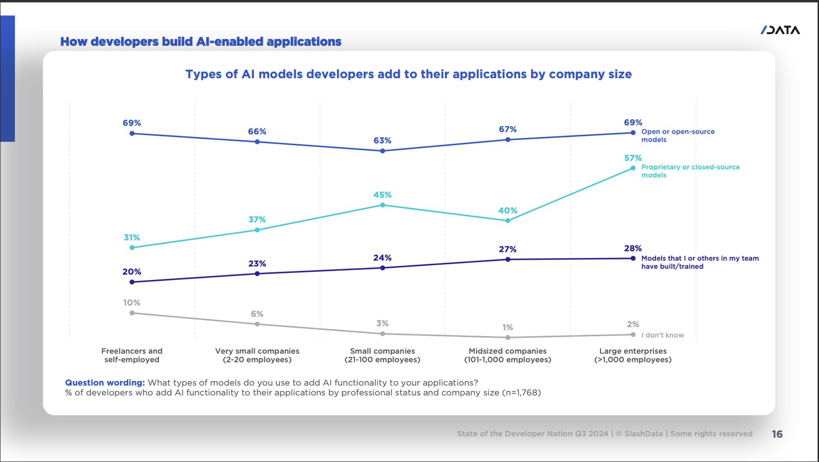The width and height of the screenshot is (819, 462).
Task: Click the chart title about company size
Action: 408,74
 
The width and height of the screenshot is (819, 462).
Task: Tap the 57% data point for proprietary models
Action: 633,168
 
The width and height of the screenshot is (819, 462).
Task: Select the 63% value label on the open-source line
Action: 383,141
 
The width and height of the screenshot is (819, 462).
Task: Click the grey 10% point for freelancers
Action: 132,313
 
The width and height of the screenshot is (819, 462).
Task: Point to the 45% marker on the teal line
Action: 383,205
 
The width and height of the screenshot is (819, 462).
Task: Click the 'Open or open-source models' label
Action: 678,136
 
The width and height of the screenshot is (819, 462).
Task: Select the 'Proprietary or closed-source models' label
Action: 690,171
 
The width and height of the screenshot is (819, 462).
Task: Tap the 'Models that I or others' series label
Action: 700,262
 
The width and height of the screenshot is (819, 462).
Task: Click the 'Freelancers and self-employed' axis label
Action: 132,355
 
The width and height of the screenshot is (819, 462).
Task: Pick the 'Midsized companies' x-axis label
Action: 507,355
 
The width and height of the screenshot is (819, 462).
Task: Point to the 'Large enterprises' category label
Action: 633,355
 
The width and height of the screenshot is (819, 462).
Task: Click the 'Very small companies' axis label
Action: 257,355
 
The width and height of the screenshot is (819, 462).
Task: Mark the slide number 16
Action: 777,434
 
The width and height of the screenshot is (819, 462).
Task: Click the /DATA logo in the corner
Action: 780,30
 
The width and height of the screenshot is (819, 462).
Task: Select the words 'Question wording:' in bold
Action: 105,383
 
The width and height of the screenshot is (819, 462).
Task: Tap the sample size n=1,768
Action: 521,393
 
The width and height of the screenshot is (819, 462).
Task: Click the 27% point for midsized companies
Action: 507,259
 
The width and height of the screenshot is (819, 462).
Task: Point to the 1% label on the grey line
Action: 507,327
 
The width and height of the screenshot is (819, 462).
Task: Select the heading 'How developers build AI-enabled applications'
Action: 201,42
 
